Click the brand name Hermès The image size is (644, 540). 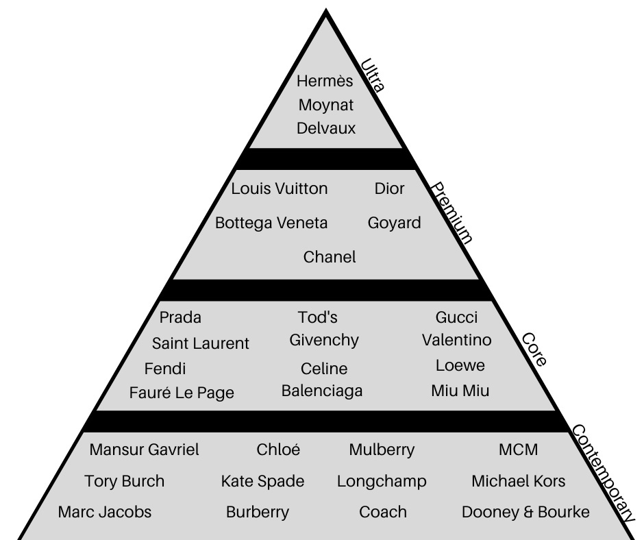[x=325, y=82]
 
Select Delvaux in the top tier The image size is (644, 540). [x=326, y=128]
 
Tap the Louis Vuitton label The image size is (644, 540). [x=280, y=188]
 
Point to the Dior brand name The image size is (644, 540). [x=389, y=188]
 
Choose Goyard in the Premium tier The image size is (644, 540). [x=394, y=223]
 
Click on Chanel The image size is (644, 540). [x=330, y=257]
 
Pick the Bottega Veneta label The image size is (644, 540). [x=271, y=223]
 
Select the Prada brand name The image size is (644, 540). [x=180, y=317]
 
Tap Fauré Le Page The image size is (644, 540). [x=182, y=393]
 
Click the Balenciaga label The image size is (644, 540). [x=322, y=391]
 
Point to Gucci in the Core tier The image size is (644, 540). [x=456, y=317]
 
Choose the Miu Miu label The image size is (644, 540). [x=460, y=391]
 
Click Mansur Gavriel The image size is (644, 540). [x=145, y=450]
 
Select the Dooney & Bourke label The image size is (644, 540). [x=525, y=512]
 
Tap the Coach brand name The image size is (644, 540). [x=382, y=512]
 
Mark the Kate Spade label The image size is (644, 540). [x=262, y=481]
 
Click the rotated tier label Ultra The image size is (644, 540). [x=373, y=75]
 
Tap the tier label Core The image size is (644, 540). [x=534, y=349]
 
